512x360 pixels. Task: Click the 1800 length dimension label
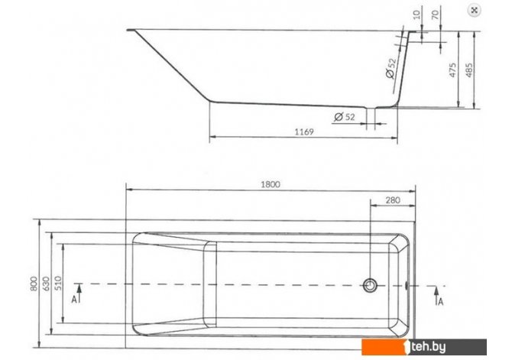[271, 184]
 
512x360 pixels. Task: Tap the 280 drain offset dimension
[393, 200]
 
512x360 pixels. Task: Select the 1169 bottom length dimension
[304, 131]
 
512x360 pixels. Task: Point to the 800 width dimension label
[34, 284]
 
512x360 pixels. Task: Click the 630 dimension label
[46, 284]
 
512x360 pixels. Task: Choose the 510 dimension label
[57, 284]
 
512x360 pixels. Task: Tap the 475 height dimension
[452, 70]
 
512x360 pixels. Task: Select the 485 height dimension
[469, 70]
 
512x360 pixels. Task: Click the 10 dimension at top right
[416, 15]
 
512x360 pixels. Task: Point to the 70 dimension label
[436, 15]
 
